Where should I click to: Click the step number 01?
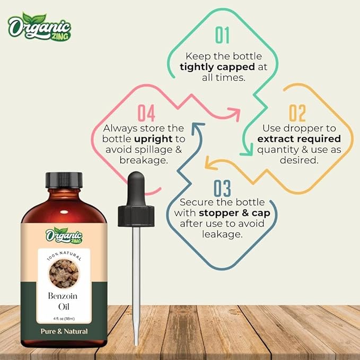tap(223, 36)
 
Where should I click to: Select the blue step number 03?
tap(223, 188)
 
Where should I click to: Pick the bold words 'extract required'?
tap(298, 139)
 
